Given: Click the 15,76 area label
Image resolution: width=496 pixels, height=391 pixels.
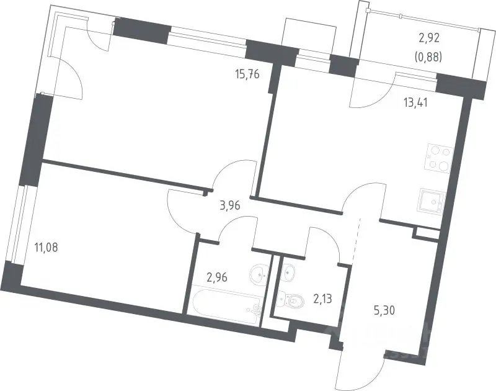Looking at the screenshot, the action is pos(247,74).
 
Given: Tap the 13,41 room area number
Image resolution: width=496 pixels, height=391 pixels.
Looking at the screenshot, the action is pos(415,103).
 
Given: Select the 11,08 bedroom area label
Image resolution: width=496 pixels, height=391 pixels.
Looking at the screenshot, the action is pos(46,247).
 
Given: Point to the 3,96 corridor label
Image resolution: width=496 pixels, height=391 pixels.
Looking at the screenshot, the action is pos(230,206).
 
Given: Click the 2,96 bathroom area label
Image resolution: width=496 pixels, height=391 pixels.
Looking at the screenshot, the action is pos(217,277).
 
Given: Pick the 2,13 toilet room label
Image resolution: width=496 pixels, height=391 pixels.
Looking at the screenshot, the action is pos(323,299).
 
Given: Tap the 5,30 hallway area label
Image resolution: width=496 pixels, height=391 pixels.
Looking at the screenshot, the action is pos(384,311).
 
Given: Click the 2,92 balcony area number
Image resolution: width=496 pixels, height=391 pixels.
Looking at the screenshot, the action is pos(430,38).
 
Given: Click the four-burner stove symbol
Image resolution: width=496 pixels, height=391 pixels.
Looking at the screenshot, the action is pos(440,158).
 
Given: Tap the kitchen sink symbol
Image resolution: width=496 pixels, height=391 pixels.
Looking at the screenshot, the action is pos(432,200).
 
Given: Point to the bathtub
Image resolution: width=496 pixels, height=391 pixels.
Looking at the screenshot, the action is pos(226,303).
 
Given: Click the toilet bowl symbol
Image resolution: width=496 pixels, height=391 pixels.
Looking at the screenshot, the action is pos(290,300).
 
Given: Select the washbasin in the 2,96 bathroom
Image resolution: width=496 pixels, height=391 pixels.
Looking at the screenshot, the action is pos(260,274).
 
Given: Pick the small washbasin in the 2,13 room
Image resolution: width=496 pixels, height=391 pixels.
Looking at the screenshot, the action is pos(288,271).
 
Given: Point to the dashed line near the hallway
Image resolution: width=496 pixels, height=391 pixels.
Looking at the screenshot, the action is pos(356,241).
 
